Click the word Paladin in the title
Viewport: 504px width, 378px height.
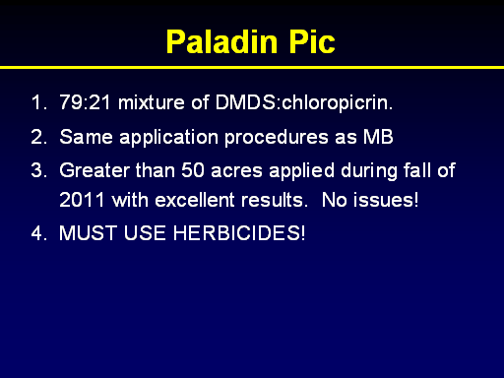point(221,41)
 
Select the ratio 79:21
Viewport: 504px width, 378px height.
point(86,102)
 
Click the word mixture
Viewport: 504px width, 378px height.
point(152,102)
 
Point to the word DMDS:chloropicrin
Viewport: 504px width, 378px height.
point(304,102)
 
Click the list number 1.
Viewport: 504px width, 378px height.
point(38,102)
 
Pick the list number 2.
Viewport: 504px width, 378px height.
point(39,137)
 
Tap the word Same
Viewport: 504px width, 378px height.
point(86,137)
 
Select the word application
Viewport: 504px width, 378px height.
point(168,138)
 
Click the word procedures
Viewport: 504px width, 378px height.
point(277,138)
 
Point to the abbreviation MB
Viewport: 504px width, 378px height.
point(378,137)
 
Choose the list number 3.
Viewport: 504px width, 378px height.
point(39,170)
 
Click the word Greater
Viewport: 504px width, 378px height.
point(94,170)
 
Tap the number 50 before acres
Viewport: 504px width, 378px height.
point(193,170)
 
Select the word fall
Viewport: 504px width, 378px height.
point(417,170)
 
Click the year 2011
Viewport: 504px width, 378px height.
point(82,200)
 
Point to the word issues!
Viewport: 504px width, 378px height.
point(386,200)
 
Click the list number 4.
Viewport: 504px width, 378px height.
point(39,233)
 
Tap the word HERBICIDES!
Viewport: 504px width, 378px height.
point(239,233)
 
